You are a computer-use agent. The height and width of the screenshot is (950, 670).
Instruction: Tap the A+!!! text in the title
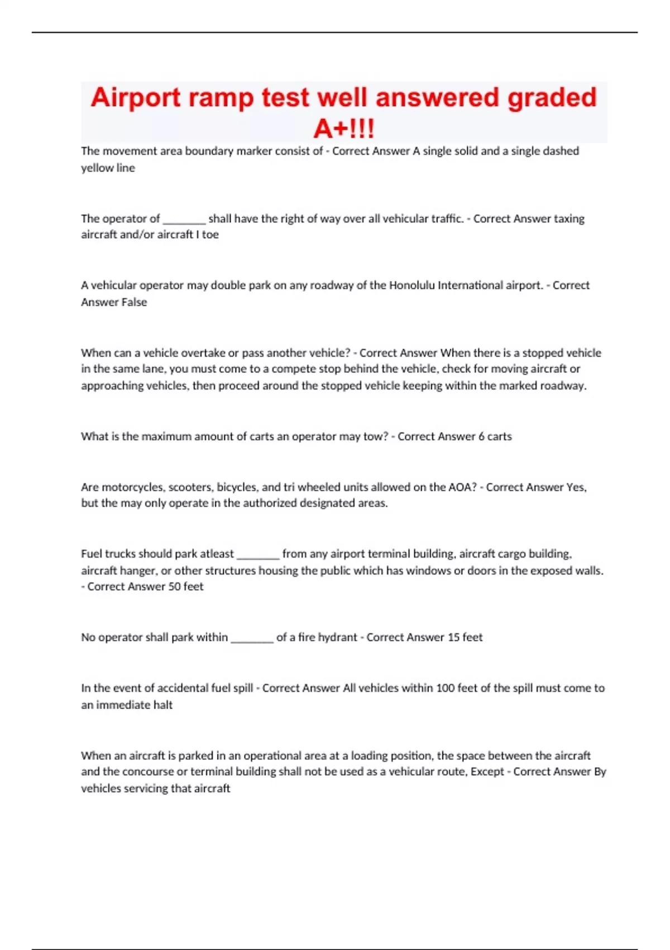[344, 129]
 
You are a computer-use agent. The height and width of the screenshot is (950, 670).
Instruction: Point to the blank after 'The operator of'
[184, 220]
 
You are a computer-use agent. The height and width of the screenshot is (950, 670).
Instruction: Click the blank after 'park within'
[252, 638]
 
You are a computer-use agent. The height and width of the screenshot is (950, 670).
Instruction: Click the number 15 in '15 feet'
[453, 638]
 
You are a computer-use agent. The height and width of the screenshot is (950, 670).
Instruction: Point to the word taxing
[569, 219]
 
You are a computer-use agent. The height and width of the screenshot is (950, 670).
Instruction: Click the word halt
[163, 705]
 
